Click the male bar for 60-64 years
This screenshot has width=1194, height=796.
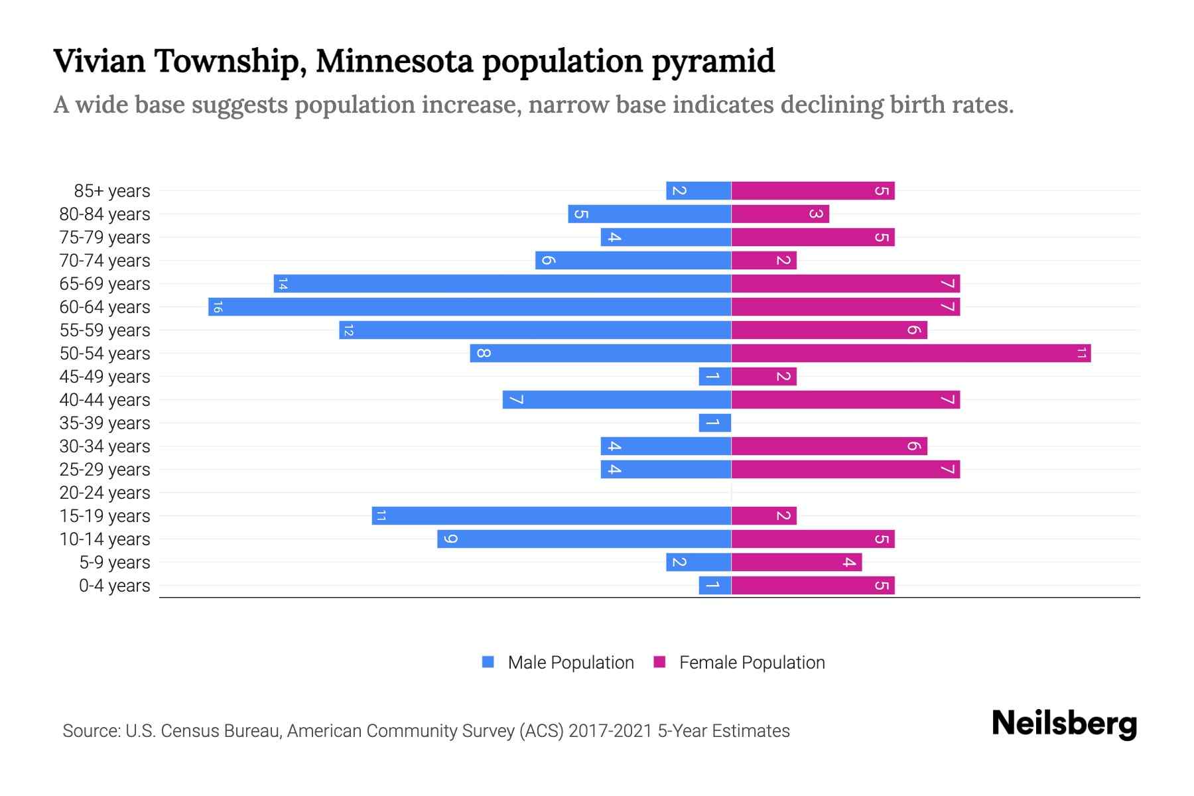tap(470, 307)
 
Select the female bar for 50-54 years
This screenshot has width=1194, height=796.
tap(911, 354)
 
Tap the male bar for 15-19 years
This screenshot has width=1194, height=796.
tap(551, 516)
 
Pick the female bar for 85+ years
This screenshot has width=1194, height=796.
tap(813, 191)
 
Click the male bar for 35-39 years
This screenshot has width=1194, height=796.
tap(715, 423)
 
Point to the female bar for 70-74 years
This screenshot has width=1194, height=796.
tap(763, 261)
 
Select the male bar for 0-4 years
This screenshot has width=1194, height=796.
tap(715, 586)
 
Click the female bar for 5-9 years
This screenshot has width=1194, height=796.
tap(796, 563)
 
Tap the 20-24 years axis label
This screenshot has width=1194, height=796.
tap(105, 493)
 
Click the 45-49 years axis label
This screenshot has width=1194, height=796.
tap(105, 377)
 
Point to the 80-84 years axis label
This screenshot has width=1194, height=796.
tap(105, 214)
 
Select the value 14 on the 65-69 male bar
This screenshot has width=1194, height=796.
tap(283, 284)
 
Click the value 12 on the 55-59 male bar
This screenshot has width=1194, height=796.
tap(349, 330)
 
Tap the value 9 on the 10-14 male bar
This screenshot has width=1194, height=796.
tap(450, 539)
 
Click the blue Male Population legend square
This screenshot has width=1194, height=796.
tap(488, 662)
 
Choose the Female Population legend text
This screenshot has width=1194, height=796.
tap(752, 663)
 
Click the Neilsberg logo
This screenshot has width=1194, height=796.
tap(1064, 723)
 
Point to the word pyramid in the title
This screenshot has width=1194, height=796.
tap(712, 62)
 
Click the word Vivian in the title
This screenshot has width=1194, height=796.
tap(99, 61)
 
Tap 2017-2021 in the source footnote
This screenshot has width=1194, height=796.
tap(610, 731)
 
